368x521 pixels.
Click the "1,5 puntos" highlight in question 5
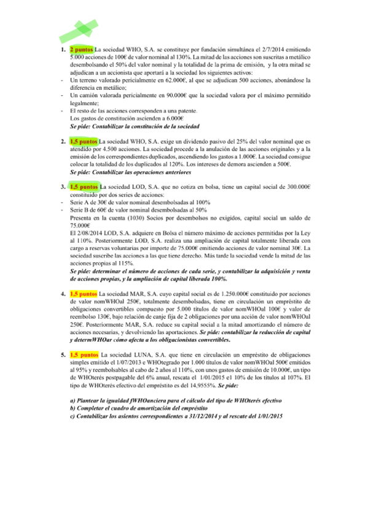click(x=84, y=355)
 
